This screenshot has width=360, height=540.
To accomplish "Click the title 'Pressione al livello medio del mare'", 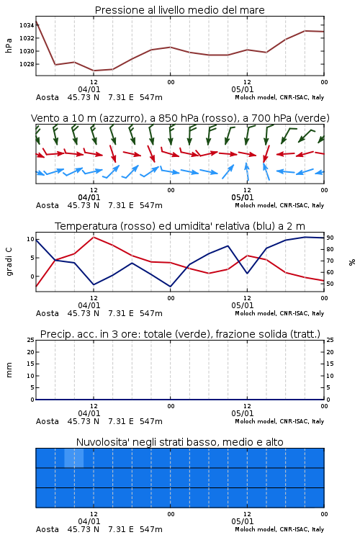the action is pos(180,10).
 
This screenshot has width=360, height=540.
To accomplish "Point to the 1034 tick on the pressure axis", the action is pos(27,25).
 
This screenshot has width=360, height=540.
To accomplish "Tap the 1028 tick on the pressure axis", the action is pos(27,64).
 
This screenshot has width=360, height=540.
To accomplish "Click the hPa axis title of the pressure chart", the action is pos(9,45).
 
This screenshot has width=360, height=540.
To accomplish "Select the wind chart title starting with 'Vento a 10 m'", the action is pos(180,118).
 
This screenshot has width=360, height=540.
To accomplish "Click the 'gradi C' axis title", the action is pos(9,261).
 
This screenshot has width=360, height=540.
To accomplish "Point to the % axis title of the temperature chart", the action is pos(352,262).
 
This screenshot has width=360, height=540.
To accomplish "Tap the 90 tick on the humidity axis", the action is pos(330,238).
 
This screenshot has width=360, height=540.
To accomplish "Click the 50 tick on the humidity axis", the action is pos(330,284).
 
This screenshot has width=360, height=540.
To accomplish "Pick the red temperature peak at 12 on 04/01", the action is pos(94,237).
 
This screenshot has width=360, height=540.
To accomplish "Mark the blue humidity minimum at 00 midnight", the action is pos(170,287).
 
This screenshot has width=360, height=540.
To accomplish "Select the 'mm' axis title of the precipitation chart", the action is pos(9,370).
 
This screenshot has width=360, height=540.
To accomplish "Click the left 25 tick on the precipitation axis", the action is pos(31,340).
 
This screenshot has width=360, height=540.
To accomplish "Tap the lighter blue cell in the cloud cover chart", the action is pos(74,458).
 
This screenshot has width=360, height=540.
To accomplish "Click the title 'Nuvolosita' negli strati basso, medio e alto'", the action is pos(180,442).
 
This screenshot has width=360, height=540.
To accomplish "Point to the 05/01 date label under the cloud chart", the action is pos(243,521).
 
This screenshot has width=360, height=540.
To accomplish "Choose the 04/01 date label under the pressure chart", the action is pos(89,89).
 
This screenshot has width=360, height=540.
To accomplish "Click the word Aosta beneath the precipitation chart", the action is pos(48,421).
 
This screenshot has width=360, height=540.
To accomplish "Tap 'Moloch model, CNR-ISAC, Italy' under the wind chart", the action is pos(279,205).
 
